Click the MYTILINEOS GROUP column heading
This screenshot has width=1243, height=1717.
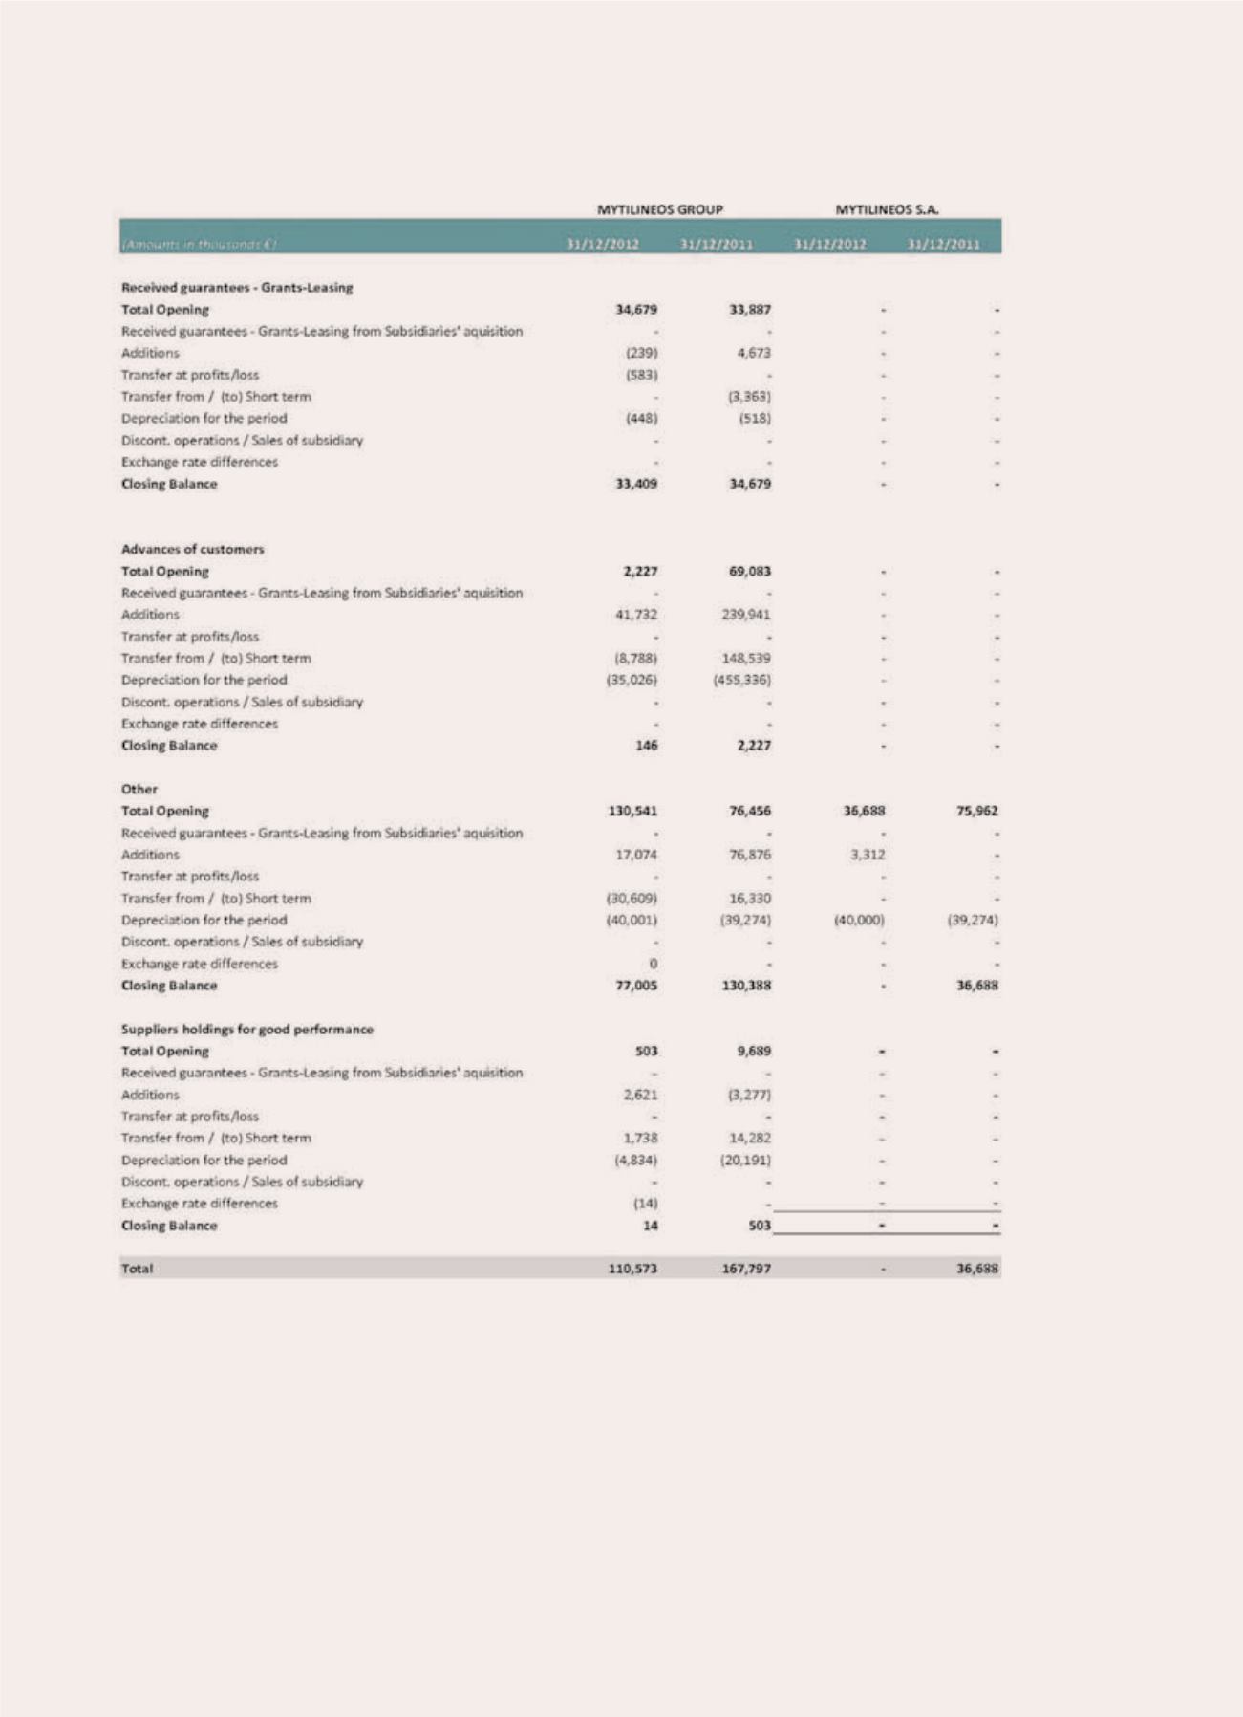(x=659, y=208)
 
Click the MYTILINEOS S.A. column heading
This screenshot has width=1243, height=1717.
(x=887, y=208)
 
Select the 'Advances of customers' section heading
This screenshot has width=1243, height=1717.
(x=192, y=549)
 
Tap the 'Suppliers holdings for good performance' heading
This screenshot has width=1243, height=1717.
(x=246, y=1029)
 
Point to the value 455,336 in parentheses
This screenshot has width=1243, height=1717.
(x=741, y=680)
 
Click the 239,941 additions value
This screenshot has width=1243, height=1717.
(x=745, y=615)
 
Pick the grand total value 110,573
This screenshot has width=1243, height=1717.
(x=632, y=1269)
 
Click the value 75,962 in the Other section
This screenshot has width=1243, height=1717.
(x=976, y=811)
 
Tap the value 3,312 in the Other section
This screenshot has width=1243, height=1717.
(x=868, y=855)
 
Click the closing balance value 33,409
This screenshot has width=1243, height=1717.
(x=636, y=484)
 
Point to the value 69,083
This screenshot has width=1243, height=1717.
(x=749, y=571)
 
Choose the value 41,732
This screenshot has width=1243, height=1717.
(x=636, y=615)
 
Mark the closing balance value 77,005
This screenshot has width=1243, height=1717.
(x=636, y=986)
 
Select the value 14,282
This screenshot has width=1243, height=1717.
(x=749, y=1138)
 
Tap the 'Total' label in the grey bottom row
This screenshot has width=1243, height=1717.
(x=137, y=1269)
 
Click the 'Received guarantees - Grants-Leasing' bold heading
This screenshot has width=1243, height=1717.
(x=237, y=287)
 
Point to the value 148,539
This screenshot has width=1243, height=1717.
(x=747, y=658)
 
